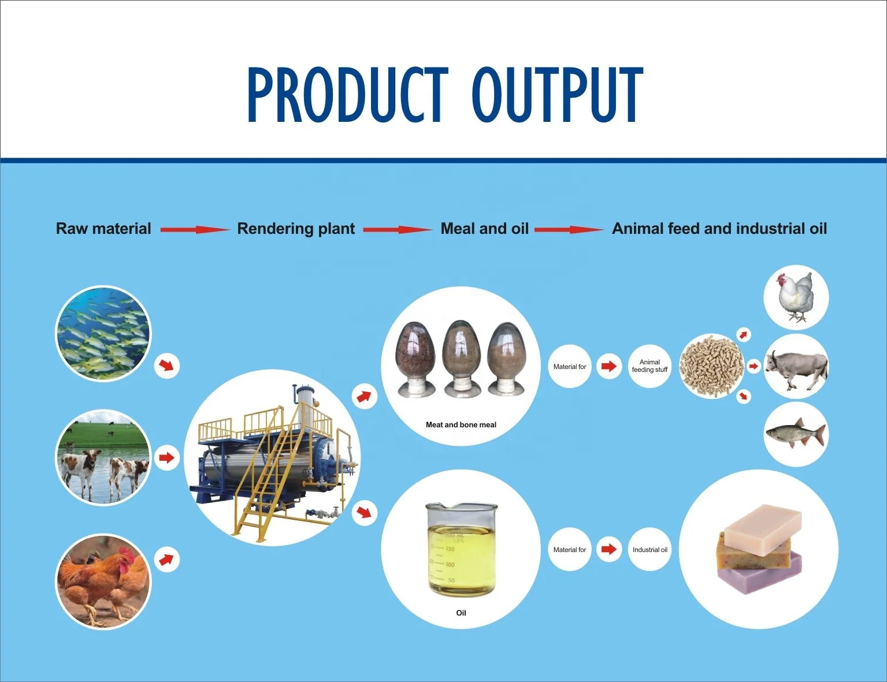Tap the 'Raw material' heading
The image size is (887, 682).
point(103,229)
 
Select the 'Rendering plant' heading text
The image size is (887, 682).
point(296,229)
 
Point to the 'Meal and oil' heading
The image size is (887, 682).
point(484,229)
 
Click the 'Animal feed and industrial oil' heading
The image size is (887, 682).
point(719,229)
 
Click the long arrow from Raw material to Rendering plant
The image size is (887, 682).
point(194,229)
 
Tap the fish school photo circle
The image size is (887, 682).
point(103,334)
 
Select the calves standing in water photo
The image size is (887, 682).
point(103,458)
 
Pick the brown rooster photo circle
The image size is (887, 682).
point(103,582)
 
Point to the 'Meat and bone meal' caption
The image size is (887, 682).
point(461,424)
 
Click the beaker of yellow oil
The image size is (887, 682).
point(461,549)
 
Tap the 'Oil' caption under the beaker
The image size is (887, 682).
point(461,613)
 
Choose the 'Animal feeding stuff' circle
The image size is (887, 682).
point(650,366)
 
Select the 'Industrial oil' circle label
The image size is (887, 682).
point(650,550)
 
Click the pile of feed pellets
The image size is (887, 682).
point(711,366)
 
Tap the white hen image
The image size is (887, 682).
point(796,297)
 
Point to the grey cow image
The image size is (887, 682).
point(796,368)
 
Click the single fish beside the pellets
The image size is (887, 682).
point(796,434)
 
